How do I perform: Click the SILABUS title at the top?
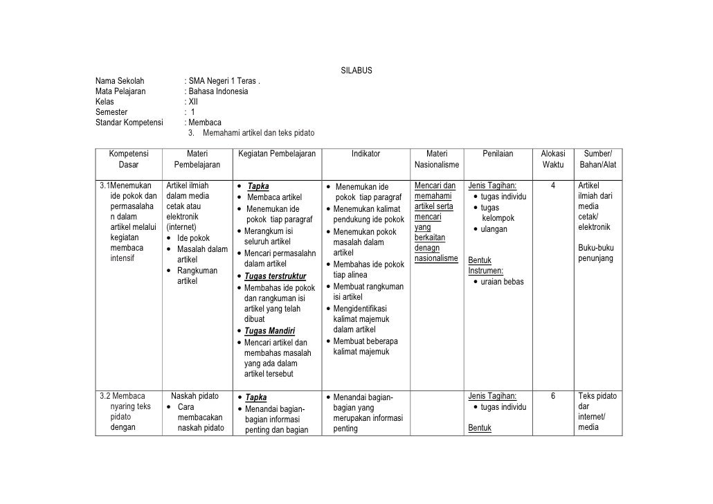[356, 71]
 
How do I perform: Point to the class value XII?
[193, 102]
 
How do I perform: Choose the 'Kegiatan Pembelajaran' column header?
[276, 154]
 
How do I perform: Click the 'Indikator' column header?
[365, 154]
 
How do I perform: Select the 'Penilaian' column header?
[498, 154]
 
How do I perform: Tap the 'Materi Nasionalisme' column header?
[436, 159]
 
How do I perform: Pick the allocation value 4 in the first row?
[552, 186]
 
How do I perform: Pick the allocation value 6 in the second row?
[552, 397]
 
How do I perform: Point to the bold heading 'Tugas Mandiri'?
[270, 330]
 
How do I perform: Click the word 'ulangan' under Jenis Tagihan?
[494, 229]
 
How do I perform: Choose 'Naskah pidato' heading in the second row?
[195, 397]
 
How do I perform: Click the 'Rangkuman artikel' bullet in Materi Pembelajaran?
[197, 276]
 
